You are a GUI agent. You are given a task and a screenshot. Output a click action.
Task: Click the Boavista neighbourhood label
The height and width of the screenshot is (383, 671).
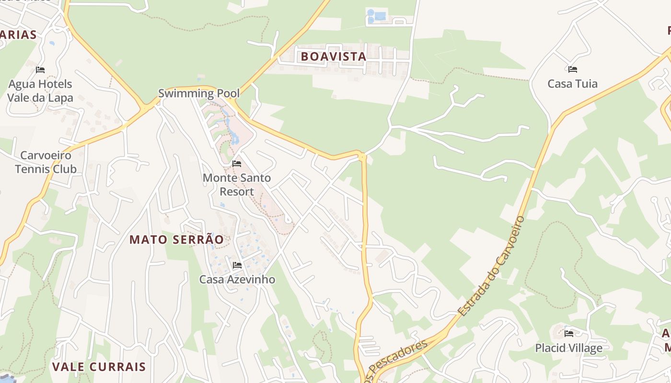333,56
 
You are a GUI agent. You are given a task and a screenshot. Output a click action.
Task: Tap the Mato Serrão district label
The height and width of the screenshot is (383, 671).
176,239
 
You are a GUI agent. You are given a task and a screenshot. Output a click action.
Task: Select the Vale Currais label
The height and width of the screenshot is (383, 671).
99,367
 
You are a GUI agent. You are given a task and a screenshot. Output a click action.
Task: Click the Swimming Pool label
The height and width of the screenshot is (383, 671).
199,93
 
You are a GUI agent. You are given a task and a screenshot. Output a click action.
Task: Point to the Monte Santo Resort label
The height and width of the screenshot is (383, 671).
237,184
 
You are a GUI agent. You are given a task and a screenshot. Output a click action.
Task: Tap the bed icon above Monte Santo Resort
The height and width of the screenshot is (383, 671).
237,164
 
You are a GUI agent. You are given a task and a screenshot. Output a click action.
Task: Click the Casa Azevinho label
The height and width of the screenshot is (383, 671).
237,279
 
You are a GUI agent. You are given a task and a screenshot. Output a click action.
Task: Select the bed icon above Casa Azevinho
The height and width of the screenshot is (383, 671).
237,265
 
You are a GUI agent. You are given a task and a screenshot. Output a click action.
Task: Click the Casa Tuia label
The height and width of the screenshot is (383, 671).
572,84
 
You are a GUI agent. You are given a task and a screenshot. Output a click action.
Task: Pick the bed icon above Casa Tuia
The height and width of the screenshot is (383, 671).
572,69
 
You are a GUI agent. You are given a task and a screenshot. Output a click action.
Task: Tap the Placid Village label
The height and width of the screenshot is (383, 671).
568,348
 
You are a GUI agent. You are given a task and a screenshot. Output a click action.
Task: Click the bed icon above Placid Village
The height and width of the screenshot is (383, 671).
569,333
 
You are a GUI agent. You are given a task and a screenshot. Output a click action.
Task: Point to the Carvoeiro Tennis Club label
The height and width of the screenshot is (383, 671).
46,162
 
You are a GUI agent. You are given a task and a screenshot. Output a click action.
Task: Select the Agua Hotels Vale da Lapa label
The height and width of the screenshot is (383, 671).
40,91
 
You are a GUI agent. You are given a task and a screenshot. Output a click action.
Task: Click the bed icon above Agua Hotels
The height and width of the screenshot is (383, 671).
40,70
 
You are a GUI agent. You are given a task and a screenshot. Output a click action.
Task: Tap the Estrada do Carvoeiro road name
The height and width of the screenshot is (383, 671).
492,266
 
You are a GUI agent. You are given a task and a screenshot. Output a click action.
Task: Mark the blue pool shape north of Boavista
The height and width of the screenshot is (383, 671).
379,16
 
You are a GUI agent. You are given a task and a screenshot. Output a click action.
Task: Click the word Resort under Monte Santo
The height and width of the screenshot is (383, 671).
237,191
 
